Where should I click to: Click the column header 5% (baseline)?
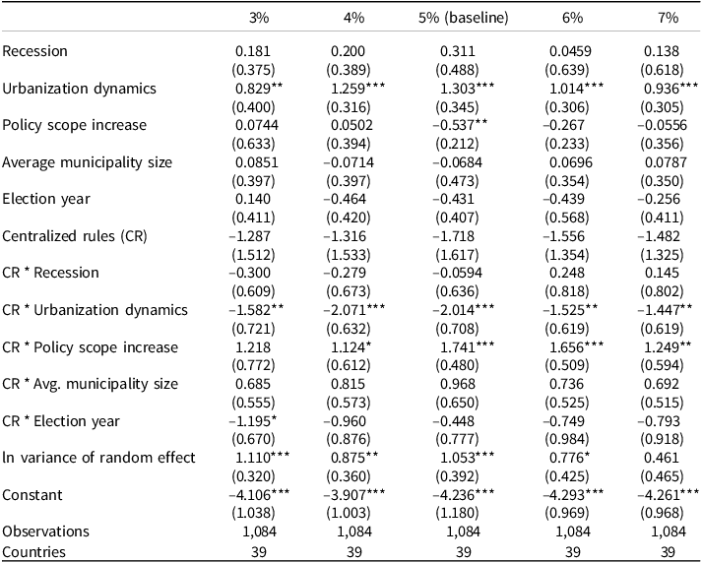tap(464, 18)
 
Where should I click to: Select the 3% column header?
tap(259, 18)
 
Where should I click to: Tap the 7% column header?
tap(668, 18)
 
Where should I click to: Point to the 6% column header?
tap(573, 18)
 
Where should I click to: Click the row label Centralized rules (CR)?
tap(75, 236)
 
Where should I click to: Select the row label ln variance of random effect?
tap(98, 458)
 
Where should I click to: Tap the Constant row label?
tap(32, 495)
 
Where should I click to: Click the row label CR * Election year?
tap(61, 421)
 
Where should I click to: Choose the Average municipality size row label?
tap(88, 162)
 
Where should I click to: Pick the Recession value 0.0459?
tap(570, 51)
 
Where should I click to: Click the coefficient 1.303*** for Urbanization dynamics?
tap(468, 89)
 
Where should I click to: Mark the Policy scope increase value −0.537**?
tap(460, 125)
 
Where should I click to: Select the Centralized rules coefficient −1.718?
tap(456, 236)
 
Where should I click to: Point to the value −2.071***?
tap(354, 310)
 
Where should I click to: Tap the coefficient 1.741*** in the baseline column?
tap(468, 347)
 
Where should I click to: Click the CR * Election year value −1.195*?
tap(252, 421)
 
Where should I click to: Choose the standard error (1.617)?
tap(457, 255)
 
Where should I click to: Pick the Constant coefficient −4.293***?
tap(573, 495)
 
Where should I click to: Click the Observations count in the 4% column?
tap(354, 532)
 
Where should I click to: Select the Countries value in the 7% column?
tap(668, 552)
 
